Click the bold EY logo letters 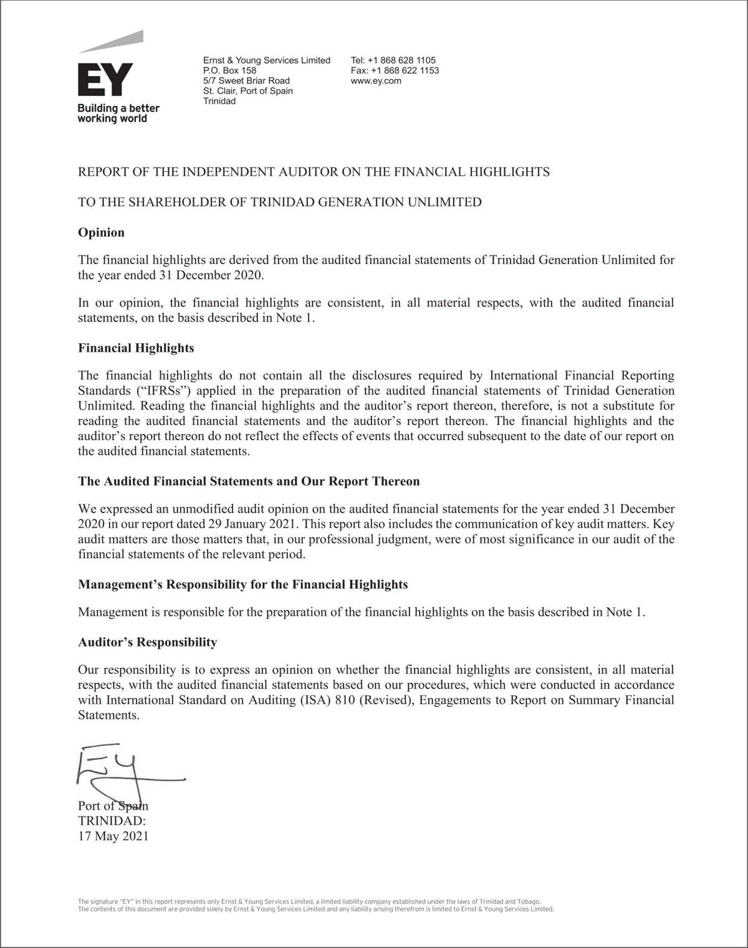point(105,79)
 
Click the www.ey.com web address point(376,81)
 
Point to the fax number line point(395,70)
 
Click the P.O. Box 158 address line point(229,70)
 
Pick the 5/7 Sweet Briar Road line point(246,81)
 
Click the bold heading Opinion point(101,232)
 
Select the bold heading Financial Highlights point(136,348)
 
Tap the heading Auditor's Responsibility point(147,642)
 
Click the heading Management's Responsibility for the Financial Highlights point(242,584)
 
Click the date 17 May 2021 point(113,836)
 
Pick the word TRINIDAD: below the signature point(112,821)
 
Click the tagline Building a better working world point(118,113)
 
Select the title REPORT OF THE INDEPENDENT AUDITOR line point(314,172)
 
